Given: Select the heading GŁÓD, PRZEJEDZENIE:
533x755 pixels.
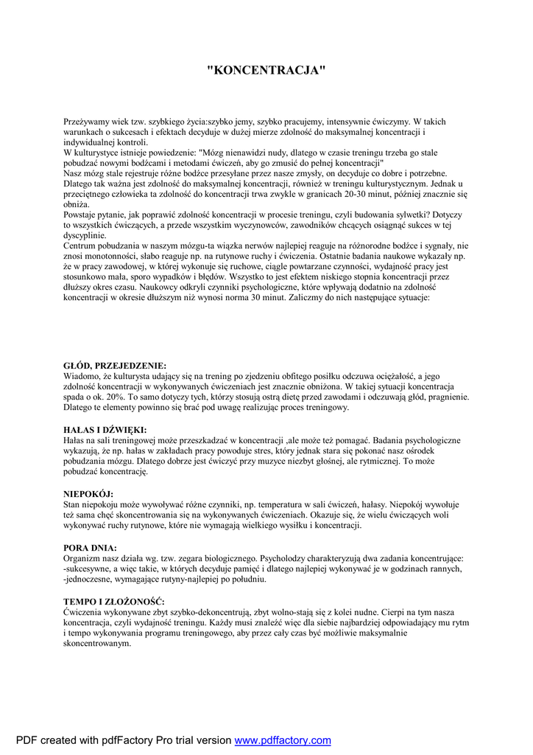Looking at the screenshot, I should [115, 366].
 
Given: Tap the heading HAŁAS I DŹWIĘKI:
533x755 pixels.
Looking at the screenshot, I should [105, 429].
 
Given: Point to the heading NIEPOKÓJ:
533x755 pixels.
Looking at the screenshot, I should [88, 493].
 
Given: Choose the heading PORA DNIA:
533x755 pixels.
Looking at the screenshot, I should [90, 548].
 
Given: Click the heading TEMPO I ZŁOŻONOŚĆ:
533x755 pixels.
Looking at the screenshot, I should [113, 602].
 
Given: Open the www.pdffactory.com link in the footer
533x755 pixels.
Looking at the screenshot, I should [283, 740].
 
